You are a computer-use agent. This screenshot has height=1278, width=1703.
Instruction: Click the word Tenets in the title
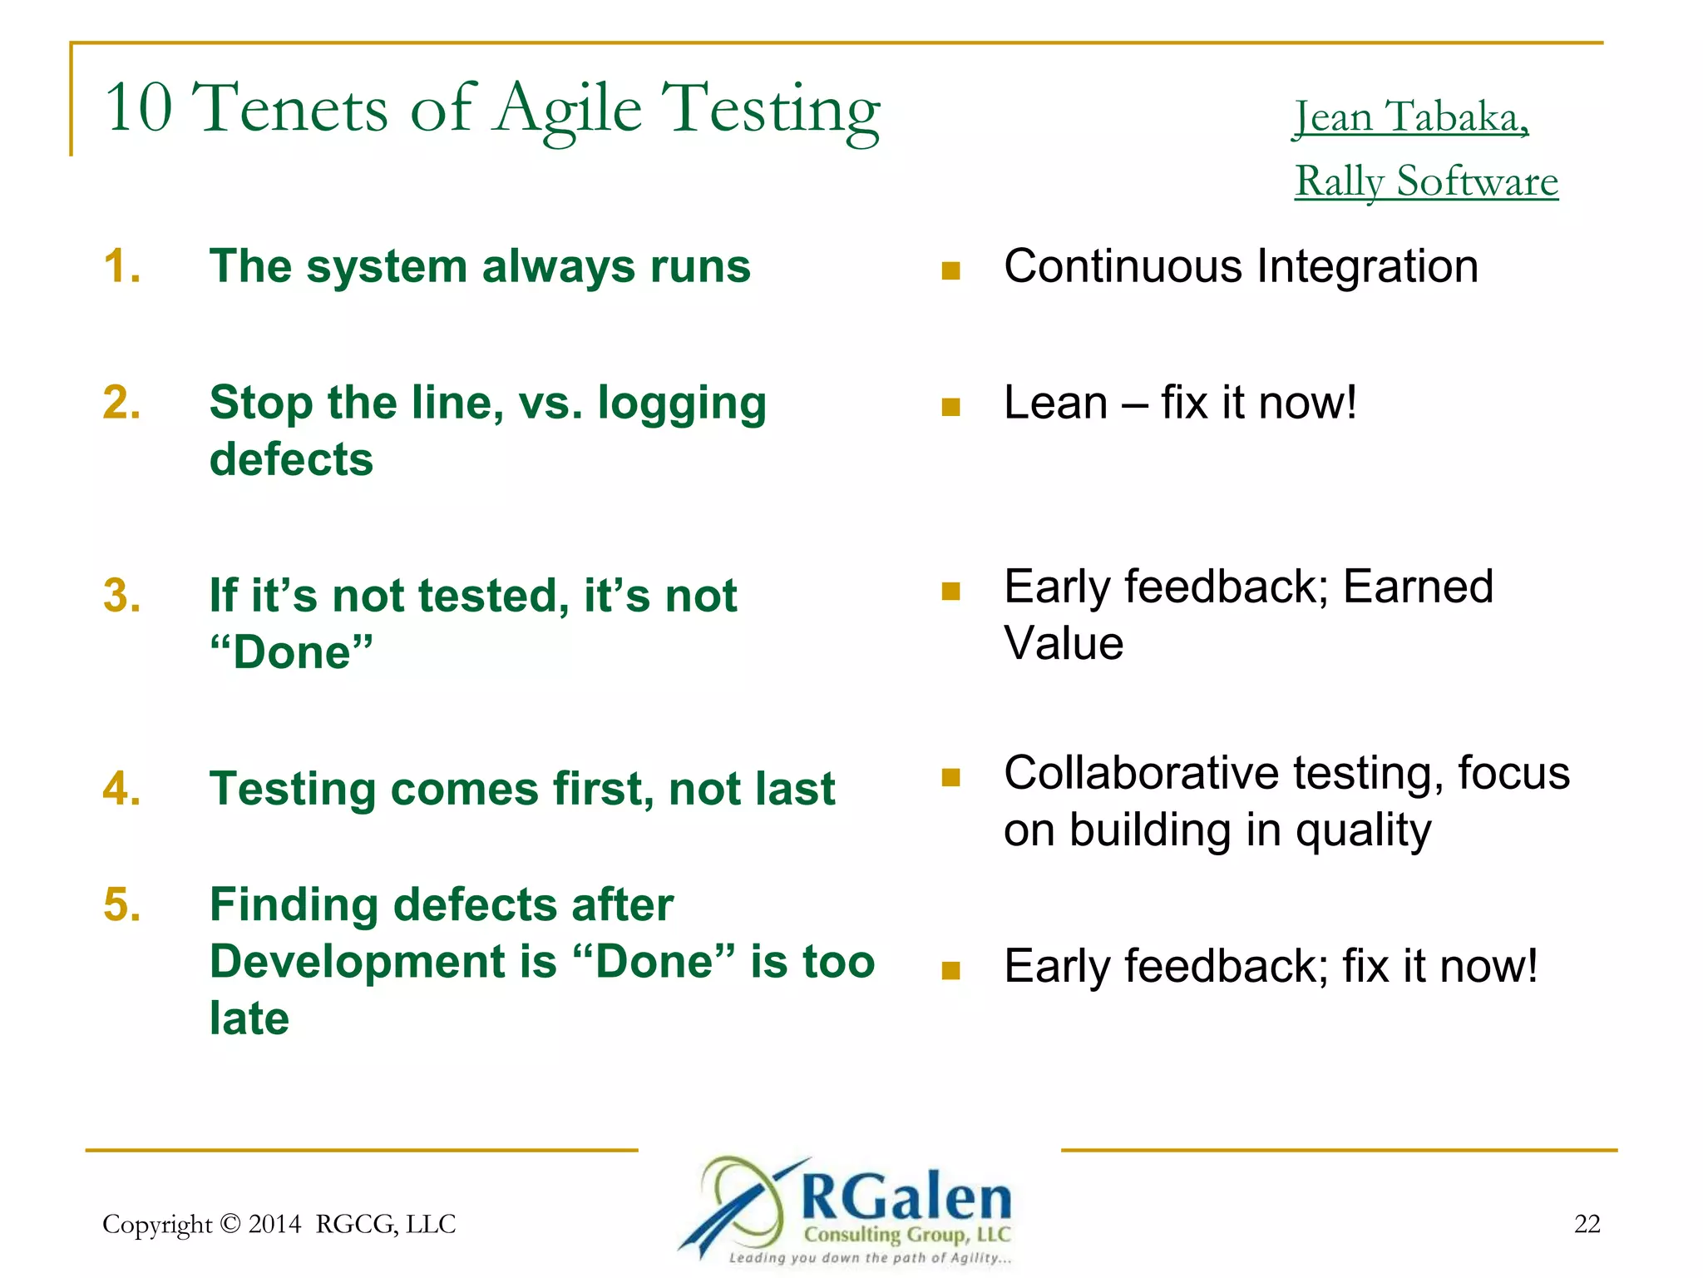point(290,108)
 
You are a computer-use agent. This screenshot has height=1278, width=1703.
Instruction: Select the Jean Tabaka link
point(1411,116)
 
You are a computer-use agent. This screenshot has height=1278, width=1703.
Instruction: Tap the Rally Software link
point(1426,181)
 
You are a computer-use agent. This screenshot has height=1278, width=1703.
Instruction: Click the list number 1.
point(121,266)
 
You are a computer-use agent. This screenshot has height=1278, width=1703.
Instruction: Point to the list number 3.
point(121,596)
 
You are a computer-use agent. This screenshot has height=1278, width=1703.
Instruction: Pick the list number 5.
point(121,904)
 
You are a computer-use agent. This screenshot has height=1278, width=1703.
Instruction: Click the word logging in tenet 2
point(682,404)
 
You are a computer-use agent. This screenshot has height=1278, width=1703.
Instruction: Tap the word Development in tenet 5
point(383,962)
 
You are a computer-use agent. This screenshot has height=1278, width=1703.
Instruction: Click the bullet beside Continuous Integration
point(950,270)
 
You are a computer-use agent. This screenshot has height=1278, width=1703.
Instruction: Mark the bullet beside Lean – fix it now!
point(950,407)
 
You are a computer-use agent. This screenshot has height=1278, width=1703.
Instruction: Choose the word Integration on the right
point(1367,266)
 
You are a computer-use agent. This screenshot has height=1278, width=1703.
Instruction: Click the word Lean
point(1055,403)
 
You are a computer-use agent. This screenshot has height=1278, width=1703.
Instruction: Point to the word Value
point(1064,644)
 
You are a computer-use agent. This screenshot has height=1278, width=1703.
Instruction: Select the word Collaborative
point(1140,773)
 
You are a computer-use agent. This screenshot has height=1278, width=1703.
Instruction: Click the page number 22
point(1587,1224)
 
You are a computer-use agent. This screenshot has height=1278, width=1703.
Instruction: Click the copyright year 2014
point(274,1224)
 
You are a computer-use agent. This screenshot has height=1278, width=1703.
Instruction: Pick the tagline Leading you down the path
point(869,1258)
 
